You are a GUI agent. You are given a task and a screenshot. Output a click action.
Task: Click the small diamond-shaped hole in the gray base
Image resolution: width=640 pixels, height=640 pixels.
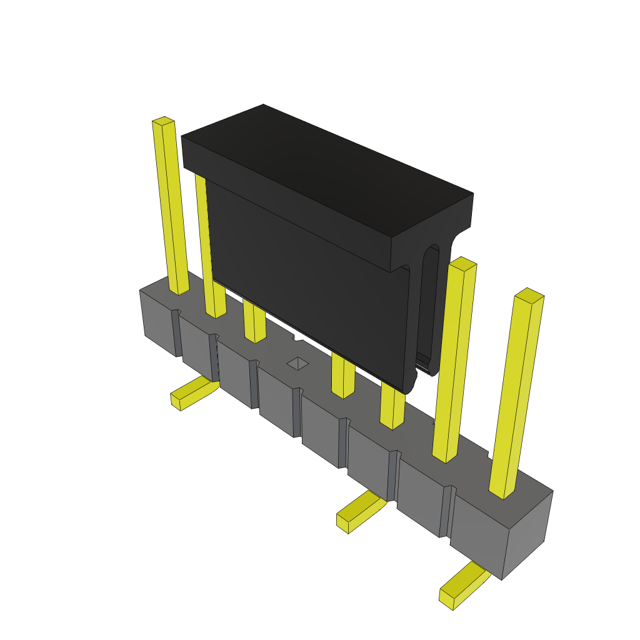tap(297, 363)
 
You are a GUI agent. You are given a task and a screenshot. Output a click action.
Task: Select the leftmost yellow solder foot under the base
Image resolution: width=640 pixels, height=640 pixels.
tap(191, 394)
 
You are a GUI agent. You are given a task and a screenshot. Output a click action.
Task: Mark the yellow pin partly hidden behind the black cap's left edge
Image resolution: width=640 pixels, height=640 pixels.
tap(202, 237)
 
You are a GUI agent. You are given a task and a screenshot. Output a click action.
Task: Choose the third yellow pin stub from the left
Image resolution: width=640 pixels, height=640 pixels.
tap(254, 322)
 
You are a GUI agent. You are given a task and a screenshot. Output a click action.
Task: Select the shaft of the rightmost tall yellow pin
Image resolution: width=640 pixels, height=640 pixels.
tap(517, 394)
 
